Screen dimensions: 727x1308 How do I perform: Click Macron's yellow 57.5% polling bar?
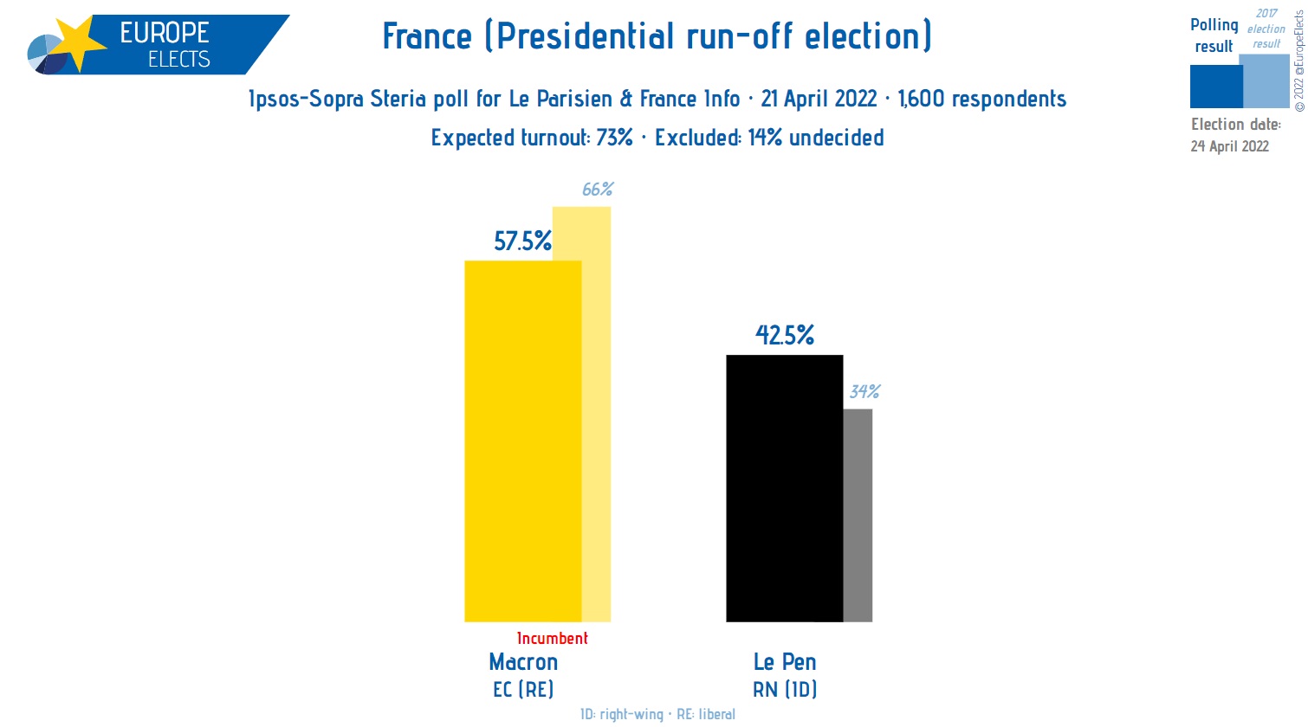tap(522, 441)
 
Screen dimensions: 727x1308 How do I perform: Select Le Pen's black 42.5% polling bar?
tap(784, 489)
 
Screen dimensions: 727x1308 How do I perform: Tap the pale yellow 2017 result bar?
tap(597, 415)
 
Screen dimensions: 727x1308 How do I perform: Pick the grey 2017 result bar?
tap(858, 515)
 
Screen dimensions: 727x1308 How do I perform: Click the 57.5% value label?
tap(522, 241)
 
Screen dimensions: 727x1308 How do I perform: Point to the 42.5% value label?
tap(785, 335)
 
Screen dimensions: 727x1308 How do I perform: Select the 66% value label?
tap(598, 189)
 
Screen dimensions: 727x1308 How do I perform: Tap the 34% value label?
tap(864, 391)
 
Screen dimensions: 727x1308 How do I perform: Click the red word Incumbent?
tap(552, 639)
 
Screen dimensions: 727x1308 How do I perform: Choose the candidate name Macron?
tap(523, 662)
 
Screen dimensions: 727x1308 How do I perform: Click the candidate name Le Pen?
tap(785, 662)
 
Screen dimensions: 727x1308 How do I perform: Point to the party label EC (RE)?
tap(523, 690)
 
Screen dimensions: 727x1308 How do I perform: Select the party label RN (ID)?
tap(785, 690)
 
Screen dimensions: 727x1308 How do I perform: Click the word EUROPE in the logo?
tap(165, 33)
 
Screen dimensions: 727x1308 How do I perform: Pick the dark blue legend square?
tap(1215, 87)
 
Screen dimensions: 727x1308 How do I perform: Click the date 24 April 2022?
tap(1229, 146)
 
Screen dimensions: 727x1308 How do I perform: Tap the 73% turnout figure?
tap(614, 138)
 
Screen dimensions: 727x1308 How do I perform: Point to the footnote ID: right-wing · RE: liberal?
tap(657, 714)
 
